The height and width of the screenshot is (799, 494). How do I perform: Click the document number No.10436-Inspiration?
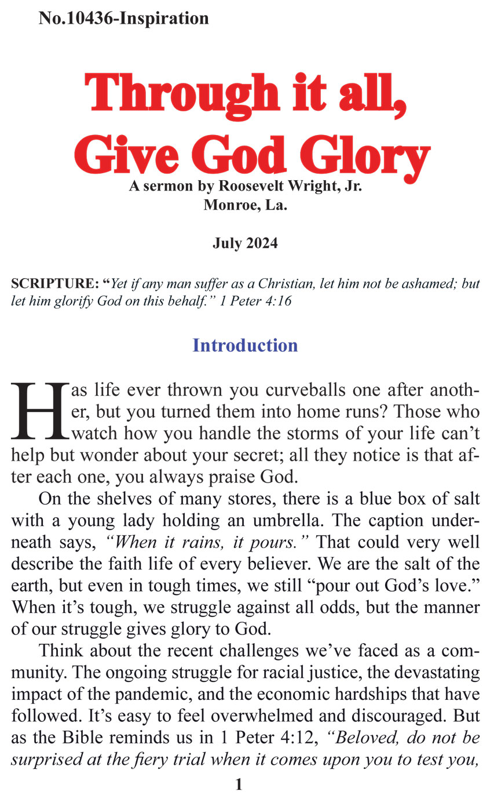[x=123, y=19]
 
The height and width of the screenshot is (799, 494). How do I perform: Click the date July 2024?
[x=245, y=243]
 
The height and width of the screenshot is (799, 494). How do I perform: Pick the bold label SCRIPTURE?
[x=55, y=284]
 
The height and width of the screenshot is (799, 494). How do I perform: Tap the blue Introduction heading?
[x=245, y=345]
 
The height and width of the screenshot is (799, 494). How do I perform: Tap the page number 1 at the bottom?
[x=239, y=785]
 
